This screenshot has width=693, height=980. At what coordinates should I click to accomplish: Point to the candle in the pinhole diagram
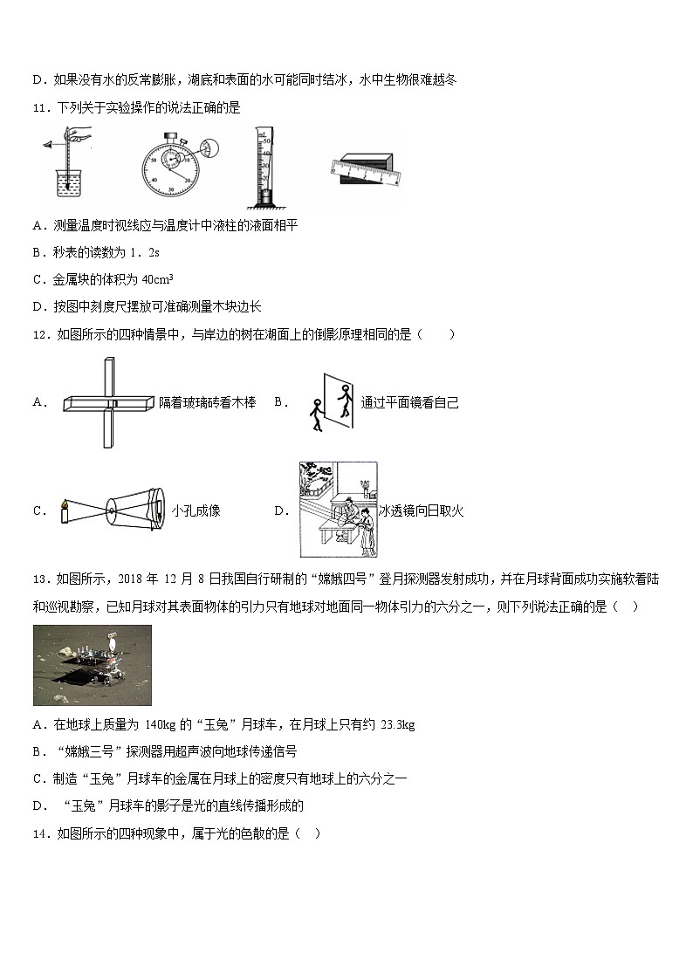64,511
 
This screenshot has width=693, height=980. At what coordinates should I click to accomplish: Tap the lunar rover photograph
93,665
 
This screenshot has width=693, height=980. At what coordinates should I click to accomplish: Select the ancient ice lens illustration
338,510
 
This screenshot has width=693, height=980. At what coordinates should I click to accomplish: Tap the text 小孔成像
196,511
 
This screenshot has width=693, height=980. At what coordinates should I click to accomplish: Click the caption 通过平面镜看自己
409,402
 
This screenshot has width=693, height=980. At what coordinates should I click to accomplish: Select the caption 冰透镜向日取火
421,511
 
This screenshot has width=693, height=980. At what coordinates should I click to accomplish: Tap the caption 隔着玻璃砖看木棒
208,402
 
